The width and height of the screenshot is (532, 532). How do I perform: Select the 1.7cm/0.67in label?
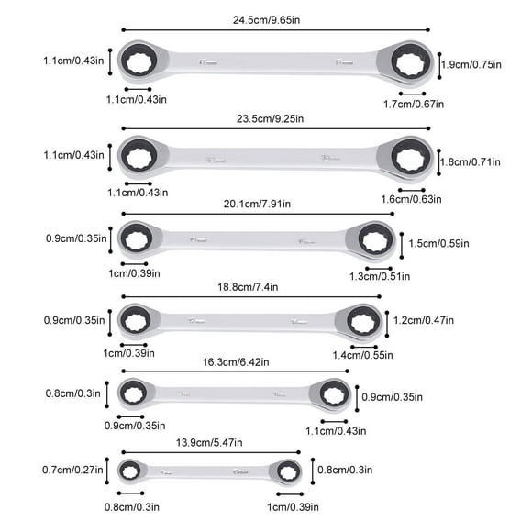tap(413, 104)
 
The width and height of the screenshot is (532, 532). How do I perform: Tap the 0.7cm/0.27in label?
tap(73, 471)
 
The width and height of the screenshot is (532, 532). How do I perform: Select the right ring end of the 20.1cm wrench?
tap(374, 241)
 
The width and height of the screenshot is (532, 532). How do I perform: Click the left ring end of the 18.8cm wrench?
tap(138, 320)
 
